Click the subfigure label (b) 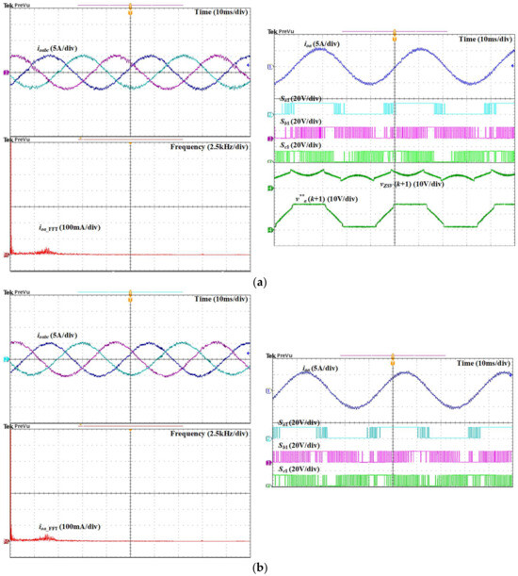(x=259, y=567)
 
